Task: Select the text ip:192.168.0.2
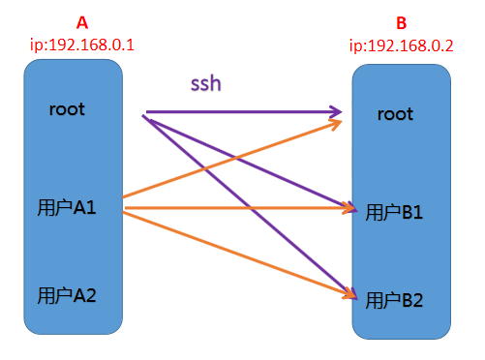click(x=401, y=45)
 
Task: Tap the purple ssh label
click(x=205, y=84)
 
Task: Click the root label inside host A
click(x=68, y=108)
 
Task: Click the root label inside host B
click(x=395, y=114)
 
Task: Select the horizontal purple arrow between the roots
click(x=242, y=110)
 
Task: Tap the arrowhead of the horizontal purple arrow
click(x=338, y=110)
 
